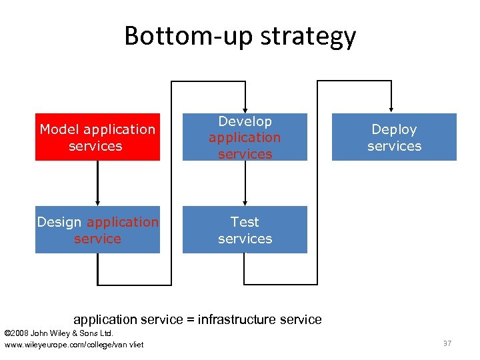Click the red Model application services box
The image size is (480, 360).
click(97, 137)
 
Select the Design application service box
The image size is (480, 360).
click(97, 230)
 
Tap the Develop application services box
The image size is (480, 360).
click(245, 137)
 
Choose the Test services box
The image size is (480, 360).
click(245, 230)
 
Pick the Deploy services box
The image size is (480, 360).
click(394, 137)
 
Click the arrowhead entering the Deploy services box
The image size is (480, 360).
click(391, 109)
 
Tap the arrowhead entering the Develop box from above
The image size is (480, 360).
click(245, 109)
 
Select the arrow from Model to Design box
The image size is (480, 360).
click(98, 183)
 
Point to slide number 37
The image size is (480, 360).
click(447, 343)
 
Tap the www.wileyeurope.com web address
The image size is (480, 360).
click(74, 344)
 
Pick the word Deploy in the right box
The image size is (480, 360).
click(394, 129)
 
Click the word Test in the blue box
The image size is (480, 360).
click(245, 222)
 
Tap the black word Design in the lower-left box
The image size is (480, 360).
click(59, 222)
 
